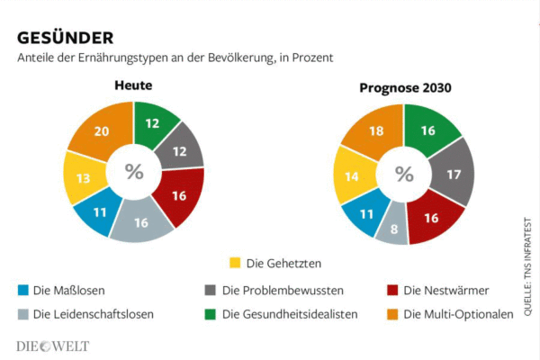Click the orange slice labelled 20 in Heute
(101, 131)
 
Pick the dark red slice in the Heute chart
(178, 196)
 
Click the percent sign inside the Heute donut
(134, 172)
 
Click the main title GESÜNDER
(65, 38)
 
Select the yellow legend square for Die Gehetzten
(236, 263)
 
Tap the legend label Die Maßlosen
(68, 290)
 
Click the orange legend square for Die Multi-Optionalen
(392, 314)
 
